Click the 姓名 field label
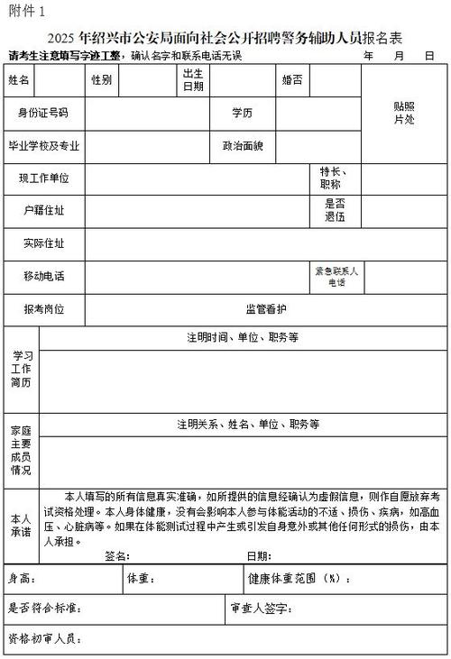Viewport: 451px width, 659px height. pos(19,80)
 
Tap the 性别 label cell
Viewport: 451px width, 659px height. pos(100,80)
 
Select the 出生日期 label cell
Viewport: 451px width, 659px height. pos(193,80)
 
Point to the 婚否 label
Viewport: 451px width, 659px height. pos(291,80)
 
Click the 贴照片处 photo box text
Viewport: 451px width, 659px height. pos(403,113)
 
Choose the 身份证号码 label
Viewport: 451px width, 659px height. pos(43,113)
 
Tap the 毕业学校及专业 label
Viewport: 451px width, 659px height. pos(43,145)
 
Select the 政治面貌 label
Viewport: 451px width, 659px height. pos(243,145)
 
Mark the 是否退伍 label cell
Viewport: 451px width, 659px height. pos(336,210)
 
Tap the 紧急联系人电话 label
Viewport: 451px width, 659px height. pos(336,276)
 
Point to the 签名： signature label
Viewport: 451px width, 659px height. pos(118,556)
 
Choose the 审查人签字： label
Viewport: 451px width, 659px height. pos(261,609)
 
